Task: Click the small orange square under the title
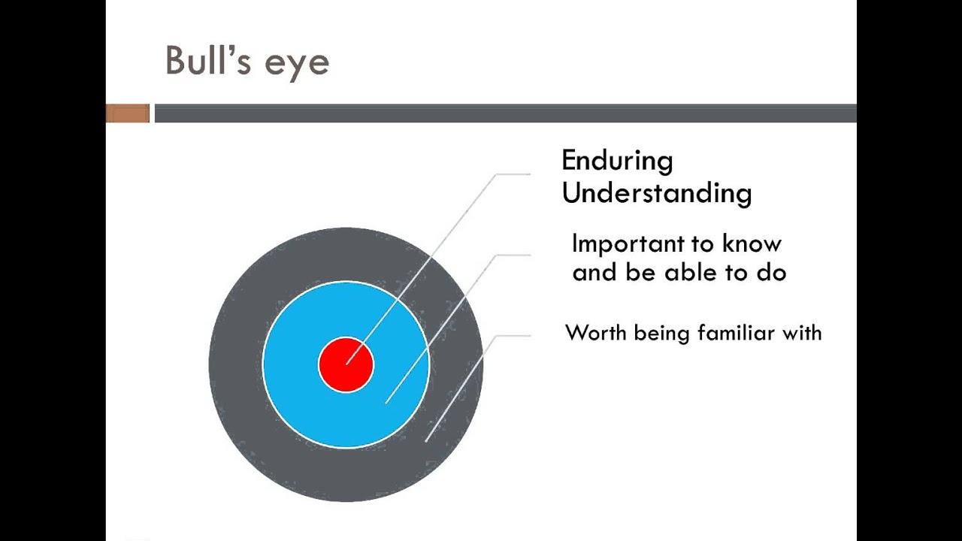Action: click(x=128, y=113)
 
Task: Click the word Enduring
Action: click(x=617, y=161)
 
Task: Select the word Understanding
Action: click(x=656, y=193)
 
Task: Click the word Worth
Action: click(x=596, y=332)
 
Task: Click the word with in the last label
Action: click(x=802, y=332)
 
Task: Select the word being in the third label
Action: click(x=662, y=333)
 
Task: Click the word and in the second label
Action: click(x=594, y=272)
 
